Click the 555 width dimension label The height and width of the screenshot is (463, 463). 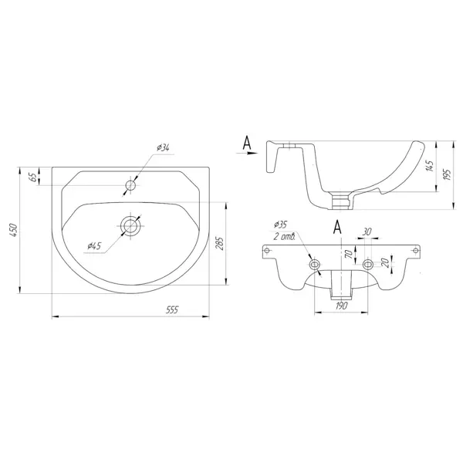tap(172, 309)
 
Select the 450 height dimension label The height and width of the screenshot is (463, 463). tap(15, 230)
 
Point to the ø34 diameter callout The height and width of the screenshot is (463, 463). tap(164, 148)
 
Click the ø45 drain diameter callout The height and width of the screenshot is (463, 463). tap(94, 246)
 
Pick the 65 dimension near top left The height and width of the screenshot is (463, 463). tap(34, 177)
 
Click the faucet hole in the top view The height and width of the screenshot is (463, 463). tap(130, 185)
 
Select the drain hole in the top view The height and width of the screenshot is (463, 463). tap(130, 226)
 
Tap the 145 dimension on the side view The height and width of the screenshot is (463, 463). tap(431, 166)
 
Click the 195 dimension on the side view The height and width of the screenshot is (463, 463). tap(447, 175)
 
